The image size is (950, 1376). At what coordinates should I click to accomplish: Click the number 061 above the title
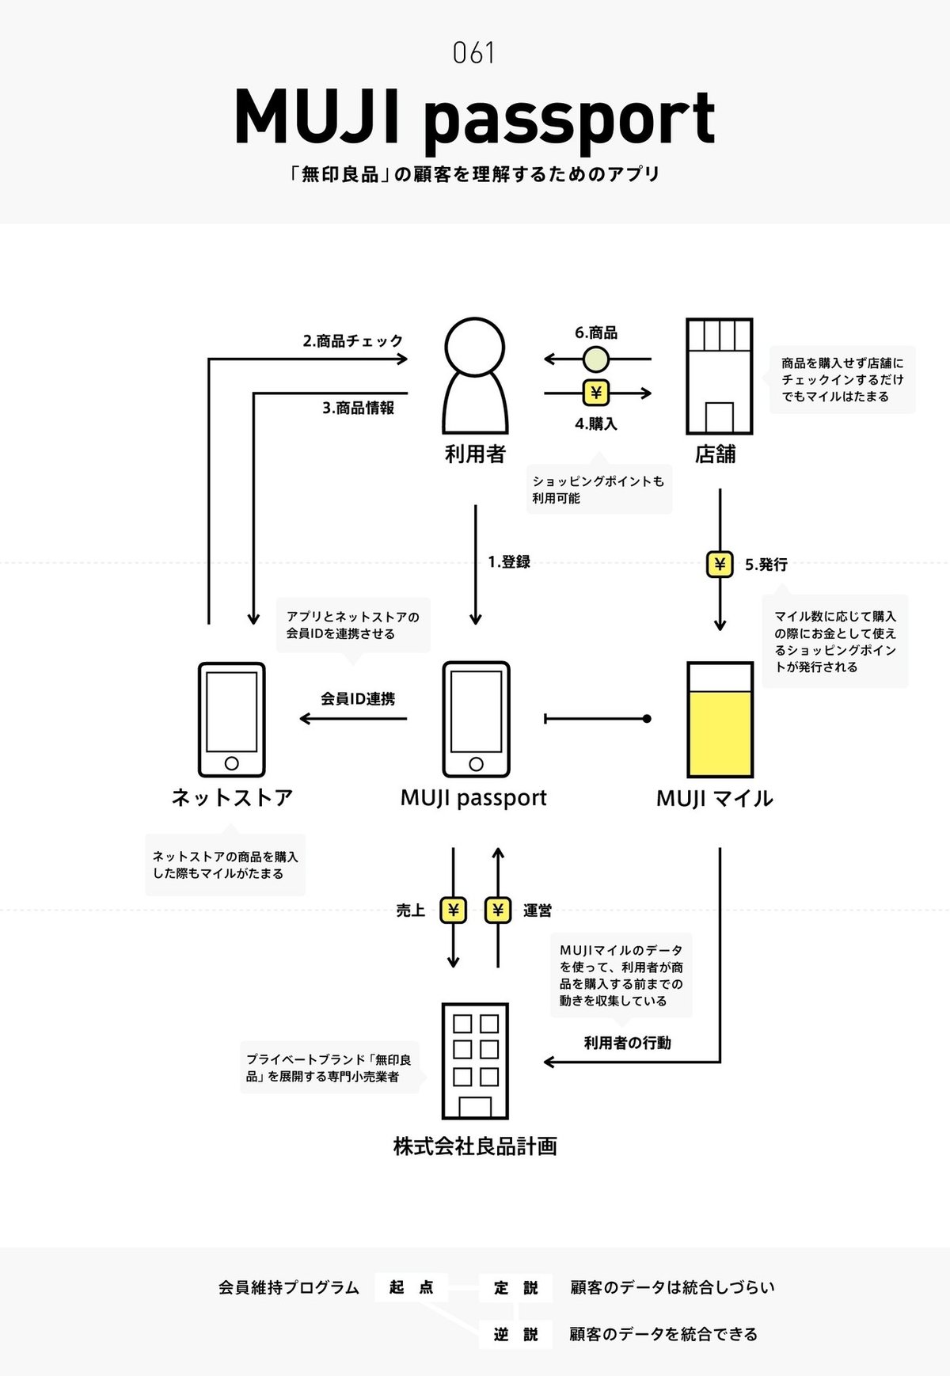[x=474, y=54]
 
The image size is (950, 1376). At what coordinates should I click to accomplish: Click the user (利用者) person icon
[x=475, y=375]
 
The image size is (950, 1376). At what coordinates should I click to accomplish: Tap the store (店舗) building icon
[x=719, y=376]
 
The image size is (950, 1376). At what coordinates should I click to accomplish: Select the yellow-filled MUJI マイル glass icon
[x=720, y=720]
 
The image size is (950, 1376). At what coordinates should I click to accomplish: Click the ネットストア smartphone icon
[x=231, y=720]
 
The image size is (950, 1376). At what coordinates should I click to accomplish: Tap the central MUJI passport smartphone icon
[x=476, y=720]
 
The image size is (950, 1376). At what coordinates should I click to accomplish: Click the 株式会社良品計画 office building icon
[x=475, y=1061]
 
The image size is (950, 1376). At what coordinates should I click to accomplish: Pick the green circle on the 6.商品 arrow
[x=596, y=360]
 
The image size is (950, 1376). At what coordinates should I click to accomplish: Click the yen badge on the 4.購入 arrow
[x=596, y=393]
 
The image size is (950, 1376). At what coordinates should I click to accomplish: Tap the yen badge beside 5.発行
[x=720, y=564]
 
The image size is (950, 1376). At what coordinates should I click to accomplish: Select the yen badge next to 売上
[x=453, y=910]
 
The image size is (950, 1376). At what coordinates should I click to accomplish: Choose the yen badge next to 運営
[x=498, y=910]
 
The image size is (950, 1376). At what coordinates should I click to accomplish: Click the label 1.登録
[x=509, y=562]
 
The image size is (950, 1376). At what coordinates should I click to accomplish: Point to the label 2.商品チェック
[x=353, y=341]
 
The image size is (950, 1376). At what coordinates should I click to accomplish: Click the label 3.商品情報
[x=358, y=408]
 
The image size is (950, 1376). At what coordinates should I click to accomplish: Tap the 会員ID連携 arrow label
[x=358, y=699]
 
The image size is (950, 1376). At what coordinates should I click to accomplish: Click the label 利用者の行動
[x=627, y=1043]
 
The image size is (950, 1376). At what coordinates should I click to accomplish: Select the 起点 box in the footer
[x=411, y=1287]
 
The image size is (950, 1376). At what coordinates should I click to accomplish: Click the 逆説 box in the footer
[x=516, y=1335]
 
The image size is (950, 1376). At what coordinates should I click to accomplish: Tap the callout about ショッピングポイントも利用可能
[x=598, y=489]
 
